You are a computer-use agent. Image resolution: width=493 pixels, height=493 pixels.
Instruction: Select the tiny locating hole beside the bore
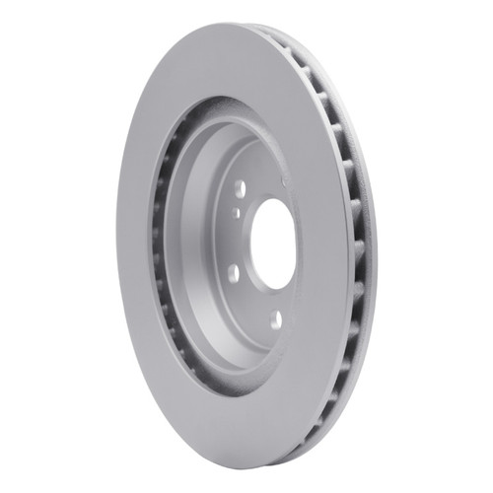(238, 210)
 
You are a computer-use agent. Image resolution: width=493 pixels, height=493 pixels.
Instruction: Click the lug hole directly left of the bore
(233, 273)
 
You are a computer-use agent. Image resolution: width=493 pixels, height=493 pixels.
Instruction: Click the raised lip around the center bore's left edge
(255, 246)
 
